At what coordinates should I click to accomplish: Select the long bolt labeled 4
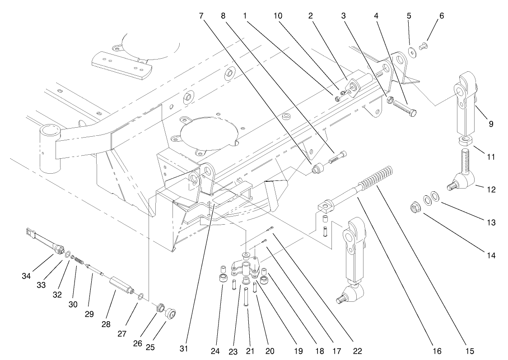[x=404, y=107]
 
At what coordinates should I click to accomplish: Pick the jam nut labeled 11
[x=466, y=141]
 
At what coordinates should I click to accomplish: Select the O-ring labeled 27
[x=141, y=296]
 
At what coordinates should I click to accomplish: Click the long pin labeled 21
[x=247, y=299]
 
